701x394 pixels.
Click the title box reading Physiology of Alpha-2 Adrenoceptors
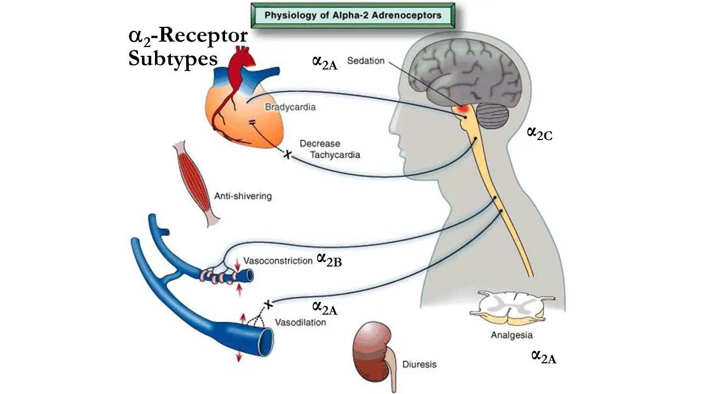(x=352, y=15)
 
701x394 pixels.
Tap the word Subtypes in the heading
(x=173, y=58)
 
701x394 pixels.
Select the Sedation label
(x=366, y=61)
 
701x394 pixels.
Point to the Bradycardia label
(x=290, y=107)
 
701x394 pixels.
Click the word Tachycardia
(x=335, y=155)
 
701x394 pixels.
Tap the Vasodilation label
(x=300, y=322)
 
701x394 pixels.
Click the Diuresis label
(x=420, y=363)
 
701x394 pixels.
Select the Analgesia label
(x=512, y=335)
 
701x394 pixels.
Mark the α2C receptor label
(x=539, y=133)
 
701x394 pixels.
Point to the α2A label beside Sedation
(x=324, y=62)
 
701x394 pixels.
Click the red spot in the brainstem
(x=463, y=108)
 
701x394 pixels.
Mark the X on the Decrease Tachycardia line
(x=286, y=155)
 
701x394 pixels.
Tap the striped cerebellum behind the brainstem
(x=492, y=115)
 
